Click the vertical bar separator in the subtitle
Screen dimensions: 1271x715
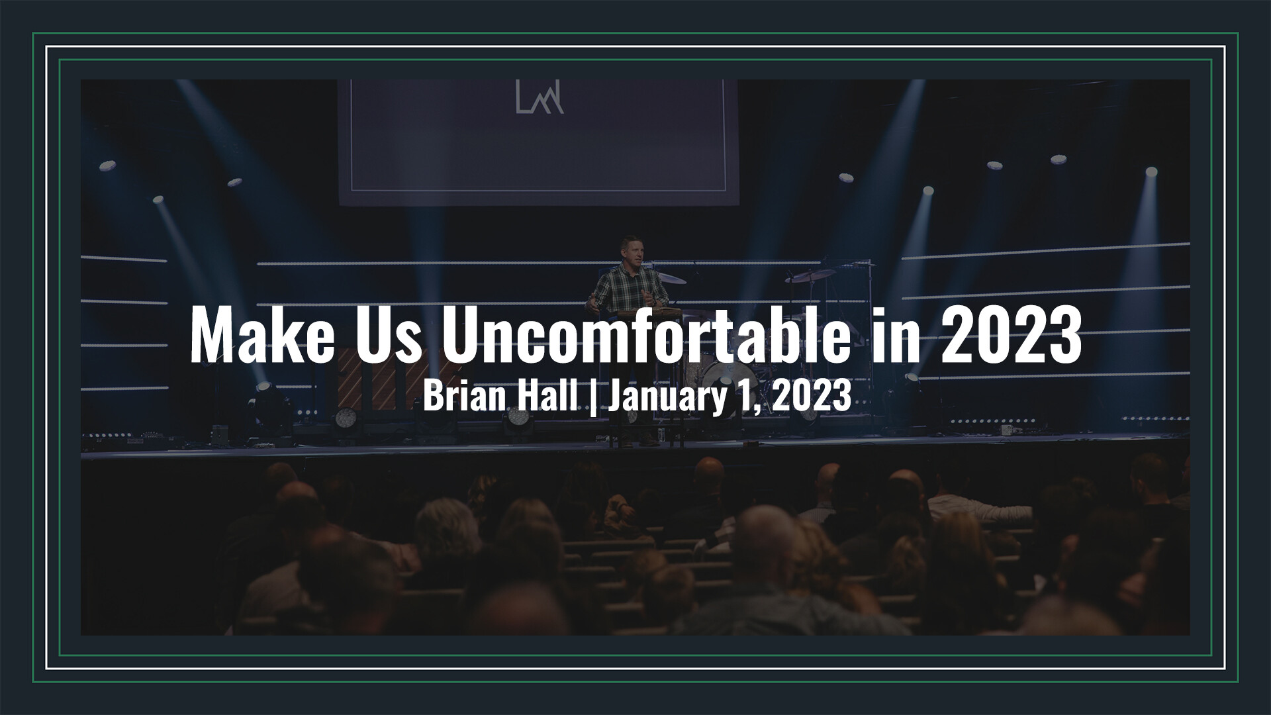point(592,398)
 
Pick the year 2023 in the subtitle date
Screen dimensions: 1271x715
point(812,397)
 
